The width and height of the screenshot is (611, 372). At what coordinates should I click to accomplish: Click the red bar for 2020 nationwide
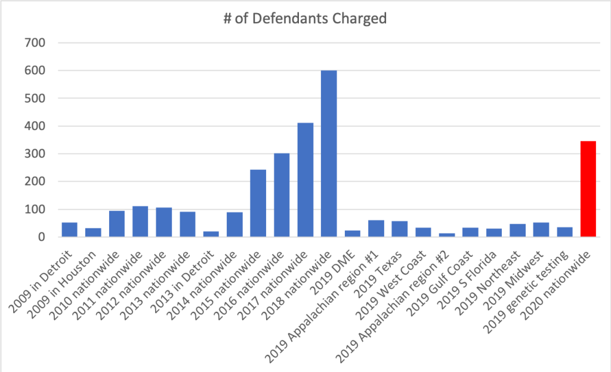click(x=588, y=189)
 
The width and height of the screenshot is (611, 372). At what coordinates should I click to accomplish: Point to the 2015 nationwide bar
click(x=258, y=203)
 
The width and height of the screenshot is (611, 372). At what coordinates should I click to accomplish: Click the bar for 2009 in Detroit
click(x=69, y=230)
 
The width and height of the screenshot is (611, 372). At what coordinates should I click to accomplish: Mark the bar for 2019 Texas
click(x=399, y=229)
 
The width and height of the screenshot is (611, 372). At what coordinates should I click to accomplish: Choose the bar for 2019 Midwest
click(x=541, y=230)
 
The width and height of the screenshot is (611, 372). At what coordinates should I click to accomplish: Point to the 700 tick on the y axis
click(x=36, y=43)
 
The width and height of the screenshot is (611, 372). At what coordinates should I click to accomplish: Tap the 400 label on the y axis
click(x=36, y=126)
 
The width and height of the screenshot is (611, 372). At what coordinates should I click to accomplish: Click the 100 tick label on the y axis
click(x=36, y=210)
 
